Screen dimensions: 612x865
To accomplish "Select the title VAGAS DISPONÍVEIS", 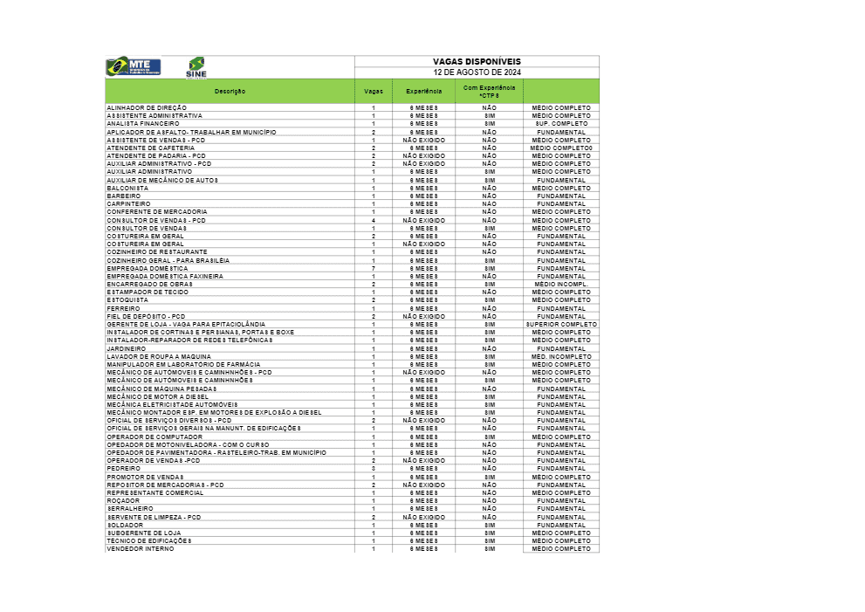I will pos(477,61).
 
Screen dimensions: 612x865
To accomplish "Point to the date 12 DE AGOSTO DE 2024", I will pos(477,72).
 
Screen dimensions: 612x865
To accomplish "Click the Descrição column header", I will pos(230,92).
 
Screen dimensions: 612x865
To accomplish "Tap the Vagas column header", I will pos(373,92).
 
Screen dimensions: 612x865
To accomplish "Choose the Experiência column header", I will pos(423,92).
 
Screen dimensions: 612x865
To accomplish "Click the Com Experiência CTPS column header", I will pos(489,92).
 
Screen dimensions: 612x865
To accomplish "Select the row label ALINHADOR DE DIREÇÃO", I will pos(147,107).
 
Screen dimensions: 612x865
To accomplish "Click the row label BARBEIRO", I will pos(123,196).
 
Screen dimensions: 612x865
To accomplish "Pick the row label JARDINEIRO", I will pos(127,348).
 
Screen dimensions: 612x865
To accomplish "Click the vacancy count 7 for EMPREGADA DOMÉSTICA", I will pos(373,268).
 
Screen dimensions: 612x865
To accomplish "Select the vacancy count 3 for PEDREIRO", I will pos(373,469).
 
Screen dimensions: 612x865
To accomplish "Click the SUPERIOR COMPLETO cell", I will pos(561,324).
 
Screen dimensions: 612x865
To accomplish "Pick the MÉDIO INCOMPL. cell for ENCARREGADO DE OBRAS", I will pos(561,284).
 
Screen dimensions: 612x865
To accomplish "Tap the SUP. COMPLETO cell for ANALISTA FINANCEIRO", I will pos(561,124).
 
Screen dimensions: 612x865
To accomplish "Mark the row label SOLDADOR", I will pos(124,525).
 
